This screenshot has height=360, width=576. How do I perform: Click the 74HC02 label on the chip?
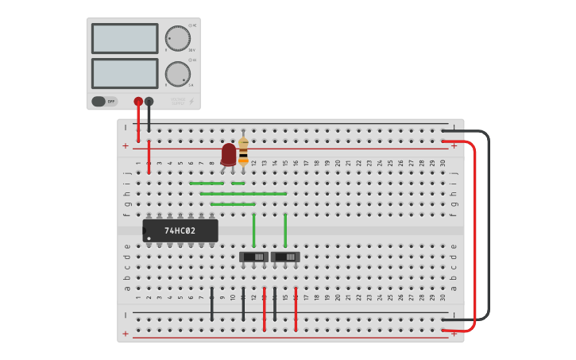point(180,231)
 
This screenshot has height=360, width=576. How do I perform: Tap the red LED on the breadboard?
point(229,153)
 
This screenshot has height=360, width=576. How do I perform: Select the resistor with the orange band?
point(243,151)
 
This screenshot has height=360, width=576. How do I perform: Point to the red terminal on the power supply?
point(138,102)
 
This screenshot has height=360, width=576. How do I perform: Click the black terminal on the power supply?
point(149,102)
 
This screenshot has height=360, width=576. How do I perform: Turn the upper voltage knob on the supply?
point(177,38)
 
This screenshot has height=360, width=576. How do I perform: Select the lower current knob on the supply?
point(177,74)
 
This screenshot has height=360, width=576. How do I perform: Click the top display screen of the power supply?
point(125,38)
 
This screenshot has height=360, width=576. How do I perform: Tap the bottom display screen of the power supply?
point(125,73)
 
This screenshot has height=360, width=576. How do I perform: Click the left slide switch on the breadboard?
point(253,257)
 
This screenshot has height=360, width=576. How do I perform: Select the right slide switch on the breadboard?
point(285,257)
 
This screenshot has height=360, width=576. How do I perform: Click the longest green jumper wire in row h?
point(243,193)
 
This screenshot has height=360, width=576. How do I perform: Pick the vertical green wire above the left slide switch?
point(253,230)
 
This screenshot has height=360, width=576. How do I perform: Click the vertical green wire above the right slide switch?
point(285,230)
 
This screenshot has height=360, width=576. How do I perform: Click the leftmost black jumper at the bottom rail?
point(212,305)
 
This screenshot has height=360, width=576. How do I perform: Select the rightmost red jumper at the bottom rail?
point(296,310)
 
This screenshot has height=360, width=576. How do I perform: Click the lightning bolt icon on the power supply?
point(190,101)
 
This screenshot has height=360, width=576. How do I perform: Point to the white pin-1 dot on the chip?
point(149,238)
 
